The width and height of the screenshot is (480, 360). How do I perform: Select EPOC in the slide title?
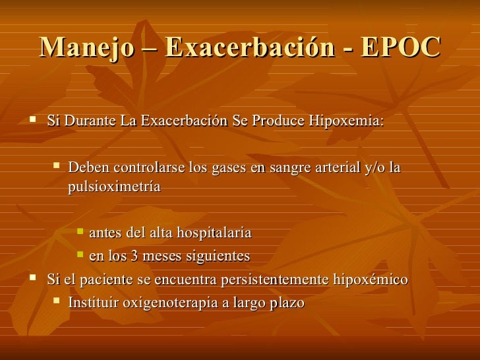tap(403, 47)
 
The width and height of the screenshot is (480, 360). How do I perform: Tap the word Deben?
tap(87, 168)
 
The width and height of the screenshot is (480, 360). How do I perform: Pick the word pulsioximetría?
tap(114, 187)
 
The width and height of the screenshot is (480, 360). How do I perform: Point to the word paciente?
tap(109, 280)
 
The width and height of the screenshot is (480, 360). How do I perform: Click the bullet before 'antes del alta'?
tap(80, 232)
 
